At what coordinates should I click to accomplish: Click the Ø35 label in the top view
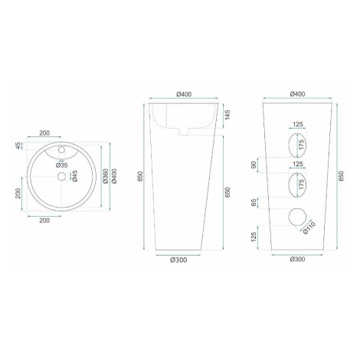[62, 165]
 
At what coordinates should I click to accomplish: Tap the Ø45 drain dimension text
[75, 176]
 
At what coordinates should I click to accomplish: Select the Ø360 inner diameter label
[106, 176]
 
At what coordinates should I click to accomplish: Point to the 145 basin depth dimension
[227, 115]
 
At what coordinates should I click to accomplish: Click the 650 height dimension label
[227, 192]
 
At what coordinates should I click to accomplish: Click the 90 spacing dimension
[254, 165]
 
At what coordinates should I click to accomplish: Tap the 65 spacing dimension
[254, 203]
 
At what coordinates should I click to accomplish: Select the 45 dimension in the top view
[18, 146]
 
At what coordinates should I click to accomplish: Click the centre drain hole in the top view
[61, 176]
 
